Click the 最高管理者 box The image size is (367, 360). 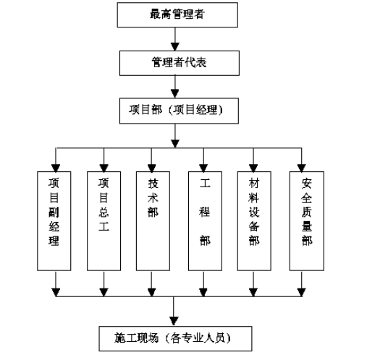177,15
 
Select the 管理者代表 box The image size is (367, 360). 180,63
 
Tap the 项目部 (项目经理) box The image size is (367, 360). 179,111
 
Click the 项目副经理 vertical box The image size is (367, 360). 54,221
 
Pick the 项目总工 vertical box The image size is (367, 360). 104,221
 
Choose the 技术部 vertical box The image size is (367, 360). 153,221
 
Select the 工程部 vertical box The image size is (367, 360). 205,221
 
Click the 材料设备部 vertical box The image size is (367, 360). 254,221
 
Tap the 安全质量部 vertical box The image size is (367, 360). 307,221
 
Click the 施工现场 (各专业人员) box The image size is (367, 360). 175,338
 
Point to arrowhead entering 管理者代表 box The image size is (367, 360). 175,47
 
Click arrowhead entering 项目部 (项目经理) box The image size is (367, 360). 175,94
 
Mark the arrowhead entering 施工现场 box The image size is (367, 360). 174,322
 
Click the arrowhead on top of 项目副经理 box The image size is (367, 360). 56,168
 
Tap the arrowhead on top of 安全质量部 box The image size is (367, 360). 301,168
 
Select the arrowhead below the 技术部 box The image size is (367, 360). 151,292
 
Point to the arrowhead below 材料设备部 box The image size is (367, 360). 253,292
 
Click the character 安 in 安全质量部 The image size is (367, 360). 306,184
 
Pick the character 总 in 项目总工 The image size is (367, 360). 104,212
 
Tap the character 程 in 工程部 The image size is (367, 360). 205,212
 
